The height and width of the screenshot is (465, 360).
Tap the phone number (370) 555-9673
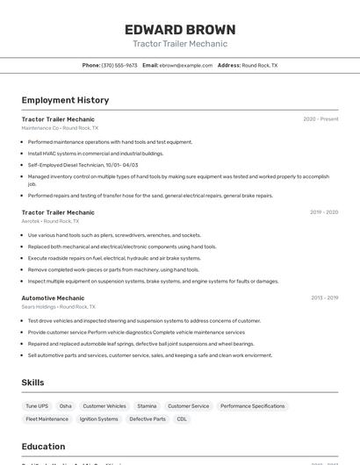[119, 65]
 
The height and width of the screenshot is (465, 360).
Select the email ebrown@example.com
[185, 65]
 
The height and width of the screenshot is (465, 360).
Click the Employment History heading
[65, 100]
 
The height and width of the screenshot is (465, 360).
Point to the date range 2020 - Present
[320, 119]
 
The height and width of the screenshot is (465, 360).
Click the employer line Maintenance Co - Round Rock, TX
[60, 128]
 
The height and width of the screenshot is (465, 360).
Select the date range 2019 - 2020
[324, 212]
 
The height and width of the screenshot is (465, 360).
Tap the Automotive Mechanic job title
[53, 297]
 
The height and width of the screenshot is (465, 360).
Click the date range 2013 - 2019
[324, 297]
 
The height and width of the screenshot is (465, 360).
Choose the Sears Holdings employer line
[58, 307]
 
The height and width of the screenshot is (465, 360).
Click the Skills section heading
[32, 383]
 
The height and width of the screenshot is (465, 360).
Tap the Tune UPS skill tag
[37, 406]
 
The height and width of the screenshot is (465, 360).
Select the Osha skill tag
[66, 406]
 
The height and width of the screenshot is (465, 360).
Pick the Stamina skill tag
[147, 406]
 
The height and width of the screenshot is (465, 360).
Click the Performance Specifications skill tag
[252, 406]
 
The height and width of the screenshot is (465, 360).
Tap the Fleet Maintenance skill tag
[47, 419]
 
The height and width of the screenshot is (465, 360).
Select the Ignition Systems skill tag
[98, 419]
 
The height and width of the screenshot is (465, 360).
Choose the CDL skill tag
[182, 419]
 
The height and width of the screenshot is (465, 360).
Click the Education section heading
[43, 446]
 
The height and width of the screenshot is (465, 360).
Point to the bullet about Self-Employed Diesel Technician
[83, 165]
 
